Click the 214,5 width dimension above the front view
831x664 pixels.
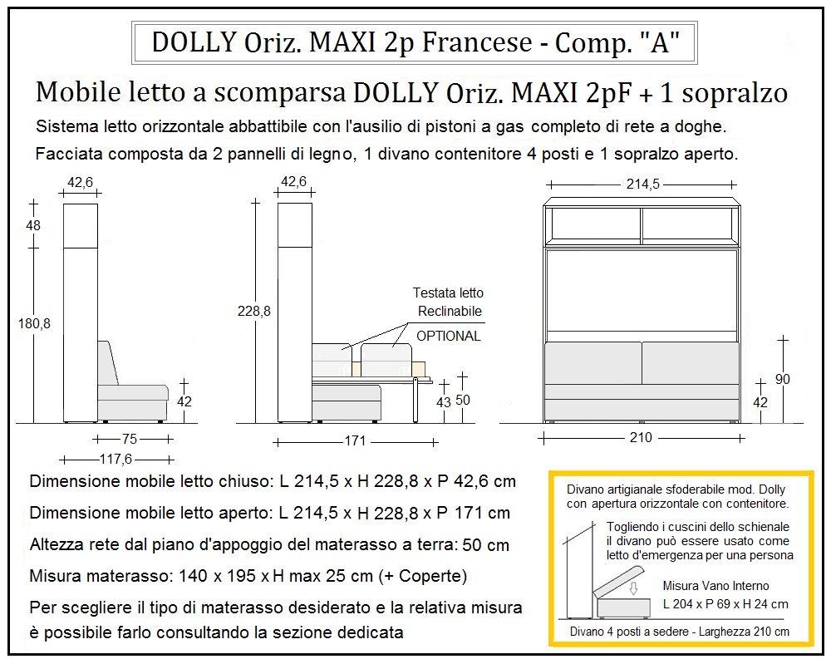tap(642, 184)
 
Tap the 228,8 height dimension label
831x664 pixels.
tap(253, 311)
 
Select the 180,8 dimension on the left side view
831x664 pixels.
tap(34, 323)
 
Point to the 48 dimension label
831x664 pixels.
tap(33, 225)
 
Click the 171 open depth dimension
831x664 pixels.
tap(355, 441)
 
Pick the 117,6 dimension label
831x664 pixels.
tap(116, 459)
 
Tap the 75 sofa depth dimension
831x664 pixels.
tap(130, 439)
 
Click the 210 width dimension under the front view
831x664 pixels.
tap(641, 438)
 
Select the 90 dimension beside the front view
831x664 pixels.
tap(782, 380)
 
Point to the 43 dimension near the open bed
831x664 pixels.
tap(444, 402)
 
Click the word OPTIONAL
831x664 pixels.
tap(449, 336)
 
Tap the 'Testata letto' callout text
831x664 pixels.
tap(448, 293)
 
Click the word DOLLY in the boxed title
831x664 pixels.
tap(194, 42)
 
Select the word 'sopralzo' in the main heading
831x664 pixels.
tap(735, 93)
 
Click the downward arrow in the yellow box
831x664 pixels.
tap(632, 588)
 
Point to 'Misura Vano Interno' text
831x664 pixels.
tap(715, 586)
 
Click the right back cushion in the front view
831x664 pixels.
tap(691, 363)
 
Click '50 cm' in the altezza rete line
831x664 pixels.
tap(485, 545)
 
